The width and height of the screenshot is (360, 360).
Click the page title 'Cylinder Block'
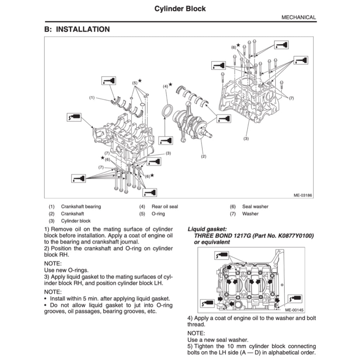click(x=180, y=8)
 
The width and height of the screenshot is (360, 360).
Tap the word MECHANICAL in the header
click(x=298, y=17)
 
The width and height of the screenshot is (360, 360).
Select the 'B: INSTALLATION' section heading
click(x=77, y=30)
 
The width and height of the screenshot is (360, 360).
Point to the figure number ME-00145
click(x=294, y=310)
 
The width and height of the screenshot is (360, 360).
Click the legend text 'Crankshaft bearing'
click(x=81, y=206)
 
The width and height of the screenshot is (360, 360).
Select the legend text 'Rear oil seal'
click(x=165, y=206)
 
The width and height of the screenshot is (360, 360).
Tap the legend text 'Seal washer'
click(x=255, y=206)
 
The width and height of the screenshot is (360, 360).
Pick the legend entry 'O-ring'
click(x=158, y=214)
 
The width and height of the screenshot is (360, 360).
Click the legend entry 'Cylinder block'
click(x=76, y=221)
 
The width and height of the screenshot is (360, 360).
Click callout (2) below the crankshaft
click(x=203, y=156)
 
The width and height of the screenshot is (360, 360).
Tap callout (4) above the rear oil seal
click(x=165, y=86)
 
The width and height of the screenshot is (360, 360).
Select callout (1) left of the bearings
click(x=92, y=97)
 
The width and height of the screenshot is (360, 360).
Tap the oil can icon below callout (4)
click(x=166, y=141)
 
